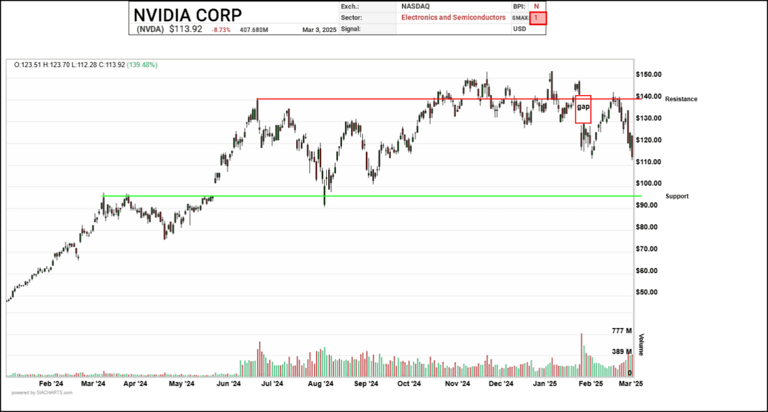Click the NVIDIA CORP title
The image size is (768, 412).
coord(188,15)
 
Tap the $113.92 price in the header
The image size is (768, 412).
coord(186,29)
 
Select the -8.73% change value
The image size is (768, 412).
coord(222,30)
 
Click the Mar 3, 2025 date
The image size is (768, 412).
coord(320,30)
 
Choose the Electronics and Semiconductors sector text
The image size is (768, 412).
coord(453,17)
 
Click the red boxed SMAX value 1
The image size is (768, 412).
coord(538,17)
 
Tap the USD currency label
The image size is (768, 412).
coord(519,29)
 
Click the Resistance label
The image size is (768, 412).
coord(681,99)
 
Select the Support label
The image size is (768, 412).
coord(677,196)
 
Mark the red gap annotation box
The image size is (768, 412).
coord(583,109)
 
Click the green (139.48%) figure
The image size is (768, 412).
coord(142,65)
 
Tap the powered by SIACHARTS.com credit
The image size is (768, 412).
coord(42,392)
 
